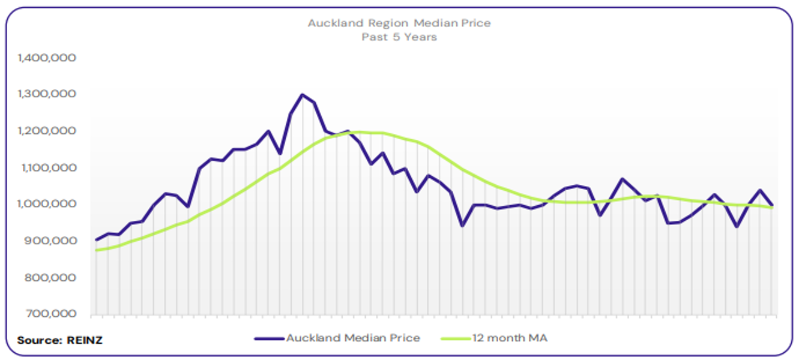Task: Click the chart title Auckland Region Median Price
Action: click(399, 23)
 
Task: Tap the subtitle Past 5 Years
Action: click(399, 37)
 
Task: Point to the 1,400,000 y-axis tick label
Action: click(47, 58)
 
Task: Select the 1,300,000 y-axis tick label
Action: click(47, 94)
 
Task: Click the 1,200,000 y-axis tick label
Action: click(47, 131)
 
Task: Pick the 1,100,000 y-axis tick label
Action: click(47, 167)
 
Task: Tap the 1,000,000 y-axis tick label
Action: click(47, 204)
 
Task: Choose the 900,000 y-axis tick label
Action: click(50, 241)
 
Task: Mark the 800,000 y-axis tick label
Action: click(50, 278)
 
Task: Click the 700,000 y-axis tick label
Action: click(50, 314)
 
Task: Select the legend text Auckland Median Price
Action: click(353, 338)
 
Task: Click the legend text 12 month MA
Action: click(510, 338)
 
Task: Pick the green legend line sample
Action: click(455, 339)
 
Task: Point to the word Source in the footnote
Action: click(38, 340)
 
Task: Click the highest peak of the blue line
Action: click(302, 95)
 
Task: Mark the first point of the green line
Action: click(97, 250)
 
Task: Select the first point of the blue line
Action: click(97, 240)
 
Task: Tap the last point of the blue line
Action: click(772, 205)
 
